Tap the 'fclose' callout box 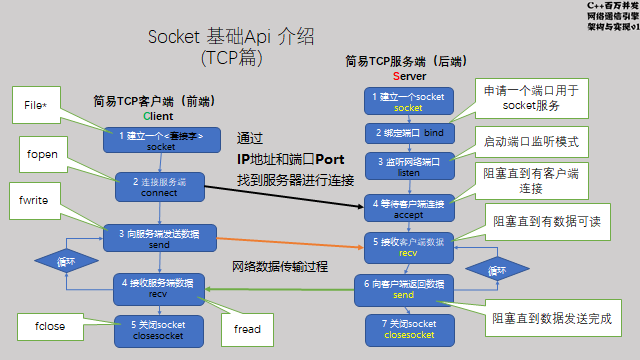(x=49, y=326)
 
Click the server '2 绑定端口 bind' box (x=408, y=132)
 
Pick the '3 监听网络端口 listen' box (x=408, y=165)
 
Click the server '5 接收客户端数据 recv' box (x=408, y=247)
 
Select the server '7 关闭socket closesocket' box (x=408, y=329)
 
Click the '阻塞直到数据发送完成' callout (x=550, y=320)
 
